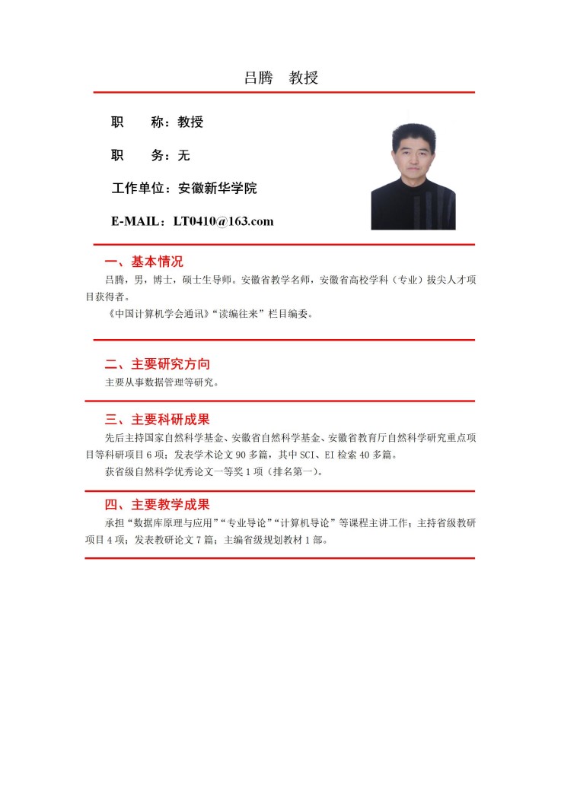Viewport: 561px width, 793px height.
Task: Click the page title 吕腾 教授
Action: click(x=280, y=78)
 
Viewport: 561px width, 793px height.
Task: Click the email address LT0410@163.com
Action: click(x=223, y=221)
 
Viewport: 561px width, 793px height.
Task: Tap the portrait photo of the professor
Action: click(x=413, y=176)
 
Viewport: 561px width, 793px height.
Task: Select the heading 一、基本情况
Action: click(x=144, y=262)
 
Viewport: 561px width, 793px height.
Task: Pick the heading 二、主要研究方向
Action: click(x=157, y=364)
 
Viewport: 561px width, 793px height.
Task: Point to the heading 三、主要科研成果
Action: click(x=157, y=419)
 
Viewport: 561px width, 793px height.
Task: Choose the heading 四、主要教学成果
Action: click(x=157, y=504)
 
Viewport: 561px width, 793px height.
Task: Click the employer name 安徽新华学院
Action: click(x=217, y=188)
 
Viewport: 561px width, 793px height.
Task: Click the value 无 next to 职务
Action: click(x=183, y=155)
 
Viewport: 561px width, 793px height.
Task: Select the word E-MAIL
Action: click(x=137, y=221)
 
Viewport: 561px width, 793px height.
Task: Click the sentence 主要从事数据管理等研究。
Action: click(x=161, y=382)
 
